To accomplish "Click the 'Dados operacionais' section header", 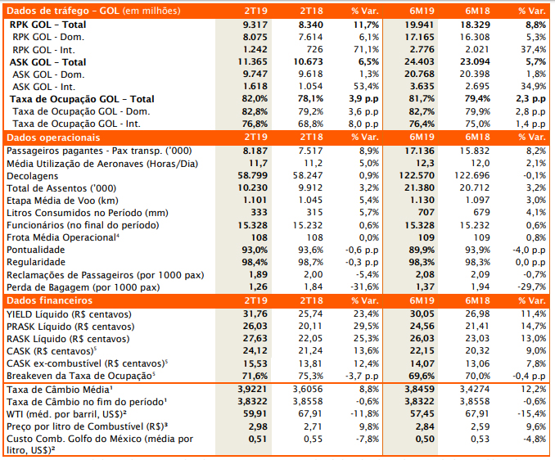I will coord(53,138).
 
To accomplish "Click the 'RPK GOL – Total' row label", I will coord(48,25).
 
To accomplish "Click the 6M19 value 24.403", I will coord(421,62).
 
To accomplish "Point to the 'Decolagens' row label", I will coord(32,175).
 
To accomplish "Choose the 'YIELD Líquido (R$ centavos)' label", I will coord(67,314).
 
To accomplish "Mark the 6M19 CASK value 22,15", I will coord(421,351).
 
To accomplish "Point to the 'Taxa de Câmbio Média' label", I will coord(60,390).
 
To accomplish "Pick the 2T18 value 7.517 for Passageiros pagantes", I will coord(311,151).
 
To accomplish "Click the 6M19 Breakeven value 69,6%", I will coord(420,376).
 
